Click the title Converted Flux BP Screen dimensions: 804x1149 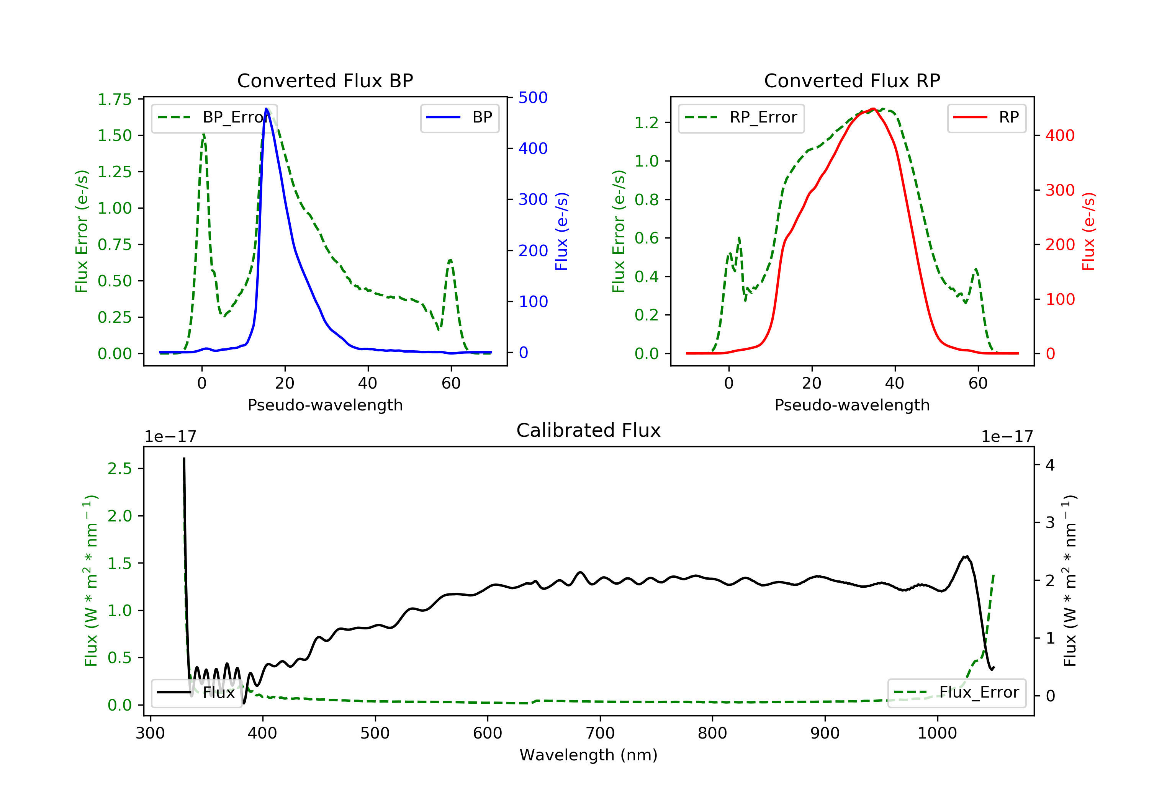pos(325,80)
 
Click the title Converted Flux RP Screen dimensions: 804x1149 pos(852,80)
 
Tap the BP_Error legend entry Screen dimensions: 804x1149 pos(214,118)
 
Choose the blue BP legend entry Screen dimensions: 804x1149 pos(459,118)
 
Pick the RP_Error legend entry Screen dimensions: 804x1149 pos(741,118)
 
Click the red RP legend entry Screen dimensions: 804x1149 pos(986,118)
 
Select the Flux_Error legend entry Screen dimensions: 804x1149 pos(956,693)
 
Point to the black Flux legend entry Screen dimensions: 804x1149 pos(197,693)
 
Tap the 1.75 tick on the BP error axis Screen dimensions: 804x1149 pos(115,100)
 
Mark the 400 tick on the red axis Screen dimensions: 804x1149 pos(1060,136)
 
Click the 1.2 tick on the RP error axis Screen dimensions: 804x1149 pos(647,123)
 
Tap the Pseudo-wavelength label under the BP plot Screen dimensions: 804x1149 pos(325,405)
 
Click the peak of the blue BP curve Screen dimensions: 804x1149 pos(266,109)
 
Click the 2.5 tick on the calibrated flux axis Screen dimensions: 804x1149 pos(119,469)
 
